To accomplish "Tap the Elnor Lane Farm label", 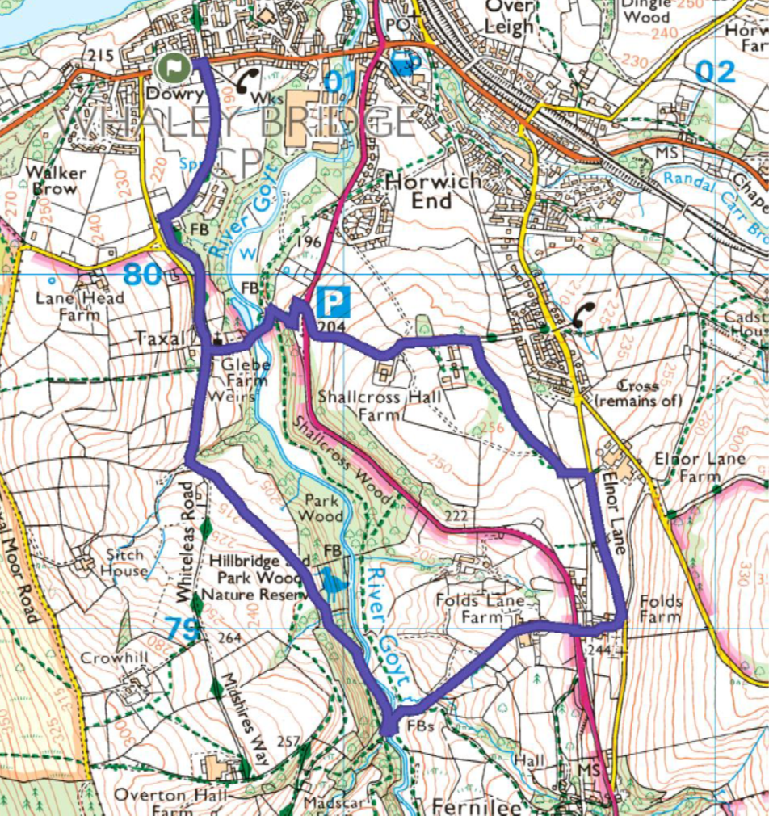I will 688,468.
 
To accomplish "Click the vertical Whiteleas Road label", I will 188,541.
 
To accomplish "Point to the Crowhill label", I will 114,658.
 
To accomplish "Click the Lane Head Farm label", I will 80,305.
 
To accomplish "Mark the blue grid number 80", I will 142,276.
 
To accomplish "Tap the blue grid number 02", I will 715,71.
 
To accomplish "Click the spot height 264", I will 229,638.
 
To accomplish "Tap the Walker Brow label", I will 56,181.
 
